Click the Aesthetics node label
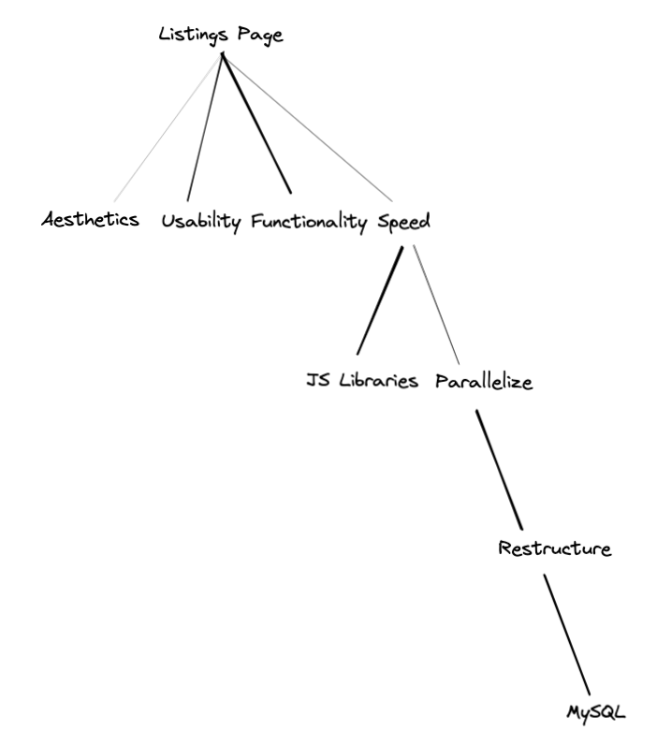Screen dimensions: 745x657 [x=91, y=220]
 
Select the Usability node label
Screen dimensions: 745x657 [x=201, y=222]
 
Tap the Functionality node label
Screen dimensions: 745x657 [x=309, y=222]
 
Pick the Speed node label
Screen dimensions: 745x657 [x=403, y=222]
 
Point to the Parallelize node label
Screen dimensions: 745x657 [x=484, y=383]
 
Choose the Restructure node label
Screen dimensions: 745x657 [x=555, y=548]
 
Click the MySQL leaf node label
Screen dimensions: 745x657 [x=595, y=711]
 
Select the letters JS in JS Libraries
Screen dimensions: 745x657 [x=317, y=382]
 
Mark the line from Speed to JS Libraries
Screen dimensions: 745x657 [x=380, y=299]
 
